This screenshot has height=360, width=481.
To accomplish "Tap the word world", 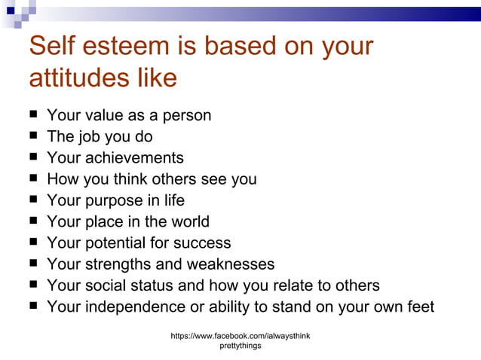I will tap(188, 221).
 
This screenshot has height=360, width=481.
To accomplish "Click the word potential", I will tap(112, 243).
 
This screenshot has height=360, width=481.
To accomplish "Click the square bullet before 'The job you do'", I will tap(34, 136).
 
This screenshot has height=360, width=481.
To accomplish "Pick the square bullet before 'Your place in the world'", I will tap(34, 221).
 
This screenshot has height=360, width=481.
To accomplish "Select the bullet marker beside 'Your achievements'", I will tap(34, 157).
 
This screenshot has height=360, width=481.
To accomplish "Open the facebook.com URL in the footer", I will tap(240, 334).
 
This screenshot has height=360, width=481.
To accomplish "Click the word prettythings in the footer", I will tap(240, 346).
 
